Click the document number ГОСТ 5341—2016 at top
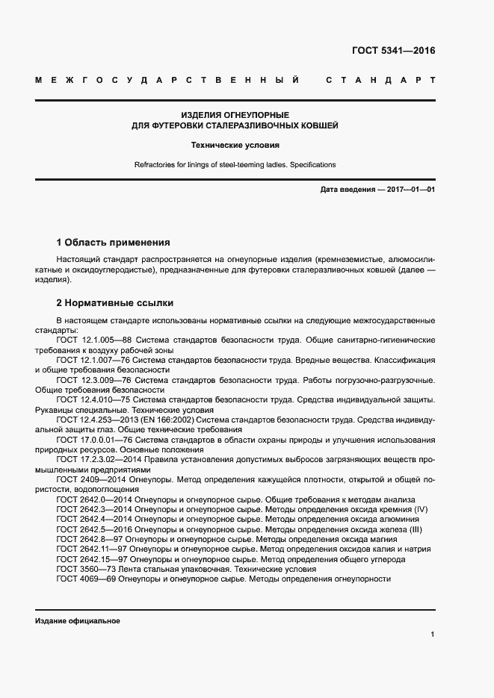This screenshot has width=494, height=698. coord(393,52)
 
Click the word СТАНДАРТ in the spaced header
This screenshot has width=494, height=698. coord(380,80)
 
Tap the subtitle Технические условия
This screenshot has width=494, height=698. coord(235,146)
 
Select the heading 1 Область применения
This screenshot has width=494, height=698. coord(114,243)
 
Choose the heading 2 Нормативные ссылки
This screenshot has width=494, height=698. coord(115,303)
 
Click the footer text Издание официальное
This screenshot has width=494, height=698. coord(77,621)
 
